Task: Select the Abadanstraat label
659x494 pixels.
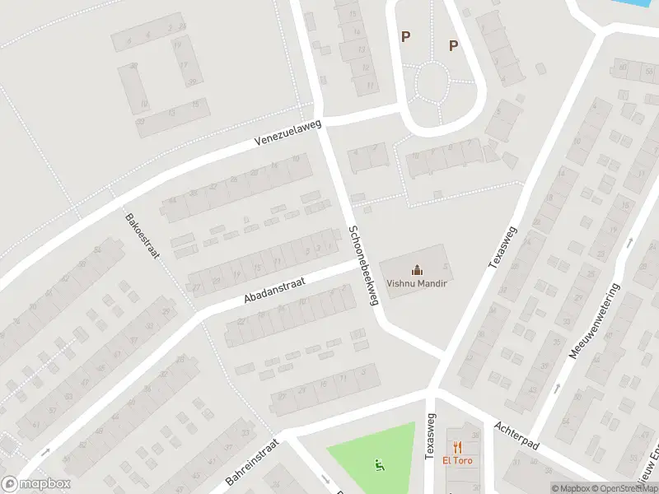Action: (x=274, y=292)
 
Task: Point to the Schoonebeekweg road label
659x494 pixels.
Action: (x=362, y=266)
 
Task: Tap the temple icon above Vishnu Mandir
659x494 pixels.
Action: (x=417, y=268)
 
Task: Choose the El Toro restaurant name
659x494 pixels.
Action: (x=457, y=461)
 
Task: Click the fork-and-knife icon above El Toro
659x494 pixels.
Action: (x=457, y=446)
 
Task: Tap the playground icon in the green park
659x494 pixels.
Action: (x=380, y=464)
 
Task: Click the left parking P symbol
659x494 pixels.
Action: (x=404, y=36)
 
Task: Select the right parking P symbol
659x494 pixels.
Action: (x=453, y=45)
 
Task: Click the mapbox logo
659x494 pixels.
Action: (x=35, y=484)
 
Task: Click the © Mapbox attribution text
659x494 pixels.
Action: (x=572, y=488)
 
